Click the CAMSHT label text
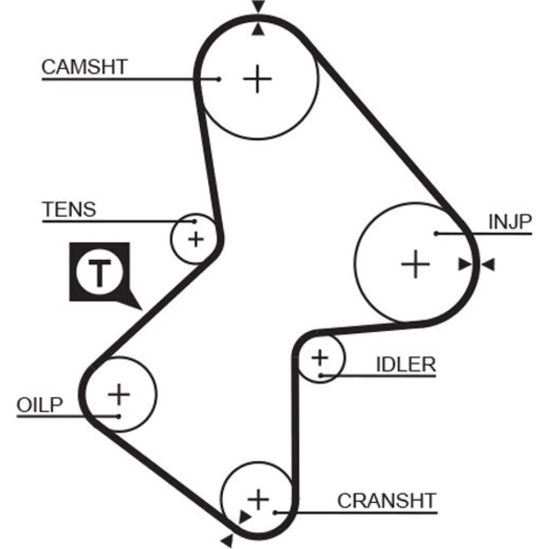point(85,67)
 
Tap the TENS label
point(69,209)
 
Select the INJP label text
point(510,222)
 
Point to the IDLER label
point(406,364)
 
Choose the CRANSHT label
point(386,501)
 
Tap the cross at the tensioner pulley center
point(195,239)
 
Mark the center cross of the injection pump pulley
point(415,265)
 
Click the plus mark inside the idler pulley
point(320,358)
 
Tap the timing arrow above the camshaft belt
point(258,7)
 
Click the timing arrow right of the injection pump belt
point(488,265)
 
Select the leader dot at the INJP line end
point(435,233)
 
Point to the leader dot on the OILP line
point(119,416)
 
